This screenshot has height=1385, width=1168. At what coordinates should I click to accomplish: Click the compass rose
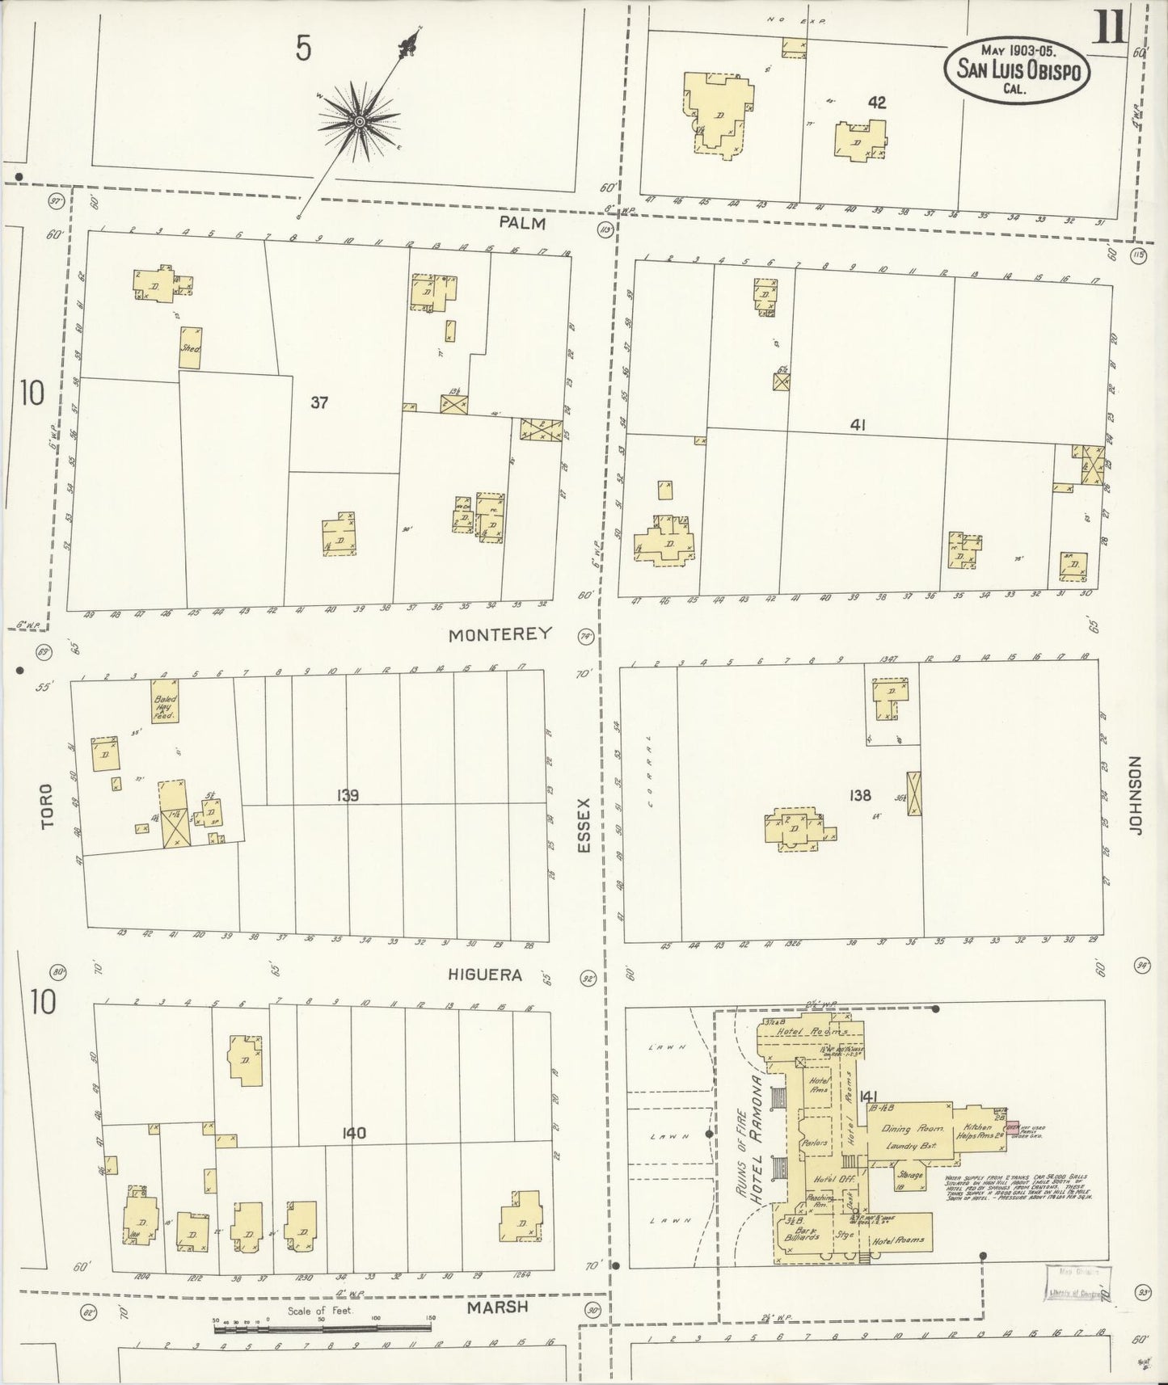[x=358, y=122]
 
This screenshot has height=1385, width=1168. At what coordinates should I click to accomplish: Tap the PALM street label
[x=522, y=222]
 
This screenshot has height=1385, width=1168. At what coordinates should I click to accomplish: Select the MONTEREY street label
[x=500, y=634]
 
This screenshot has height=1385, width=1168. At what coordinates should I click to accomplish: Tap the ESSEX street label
[x=584, y=825]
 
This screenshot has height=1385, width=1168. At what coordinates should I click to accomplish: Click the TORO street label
[x=46, y=806]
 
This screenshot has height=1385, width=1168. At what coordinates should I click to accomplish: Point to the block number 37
[x=319, y=402]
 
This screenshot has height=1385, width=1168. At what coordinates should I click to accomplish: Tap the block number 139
[x=348, y=796]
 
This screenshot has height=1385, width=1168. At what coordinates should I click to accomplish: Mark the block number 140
[x=353, y=1134]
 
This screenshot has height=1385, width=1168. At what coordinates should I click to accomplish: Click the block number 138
[x=860, y=796]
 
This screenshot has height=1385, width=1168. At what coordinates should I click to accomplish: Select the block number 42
[x=876, y=103]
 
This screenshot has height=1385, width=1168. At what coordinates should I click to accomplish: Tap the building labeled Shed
[x=190, y=348]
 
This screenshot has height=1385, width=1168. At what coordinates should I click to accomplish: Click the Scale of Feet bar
[x=323, y=1326]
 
